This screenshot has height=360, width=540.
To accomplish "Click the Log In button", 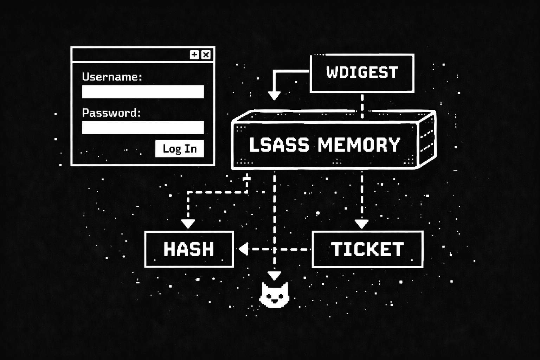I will click(x=179, y=148).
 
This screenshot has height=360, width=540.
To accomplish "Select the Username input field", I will click(x=143, y=92).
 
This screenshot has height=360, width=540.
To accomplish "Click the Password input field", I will click(x=143, y=128).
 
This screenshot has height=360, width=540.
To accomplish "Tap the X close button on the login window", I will click(x=206, y=54).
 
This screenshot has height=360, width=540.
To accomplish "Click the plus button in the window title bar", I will click(x=194, y=54).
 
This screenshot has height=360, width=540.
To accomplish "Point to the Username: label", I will click(x=112, y=77).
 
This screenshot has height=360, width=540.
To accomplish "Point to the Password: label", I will click(x=111, y=113).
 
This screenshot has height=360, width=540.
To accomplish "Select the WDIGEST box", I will click(x=362, y=73).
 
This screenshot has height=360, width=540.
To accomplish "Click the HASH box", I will click(x=189, y=249).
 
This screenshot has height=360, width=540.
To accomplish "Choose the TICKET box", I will click(x=367, y=249).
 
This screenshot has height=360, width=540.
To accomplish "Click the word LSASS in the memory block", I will click(x=279, y=145).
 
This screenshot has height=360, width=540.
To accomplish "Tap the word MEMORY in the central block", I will click(x=359, y=145).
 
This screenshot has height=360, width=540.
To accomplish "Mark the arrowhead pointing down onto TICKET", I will click(x=361, y=224).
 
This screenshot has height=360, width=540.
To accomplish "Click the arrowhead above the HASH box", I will click(x=188, y=224).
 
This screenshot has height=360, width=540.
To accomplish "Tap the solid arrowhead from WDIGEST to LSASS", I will click(x=274, y=96).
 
